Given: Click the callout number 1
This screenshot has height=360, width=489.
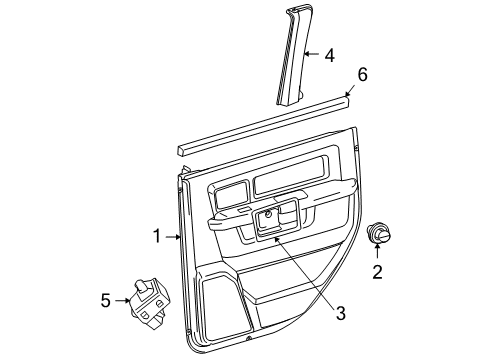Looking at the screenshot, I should (157, 236).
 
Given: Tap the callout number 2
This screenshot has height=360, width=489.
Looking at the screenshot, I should (377, 271).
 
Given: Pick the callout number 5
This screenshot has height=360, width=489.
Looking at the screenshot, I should (105, 298).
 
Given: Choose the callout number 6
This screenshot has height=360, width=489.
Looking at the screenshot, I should (362, 73).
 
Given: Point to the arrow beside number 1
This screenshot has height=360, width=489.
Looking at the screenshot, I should (173, 236).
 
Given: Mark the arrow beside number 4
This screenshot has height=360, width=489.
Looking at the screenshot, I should (310, 54).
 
